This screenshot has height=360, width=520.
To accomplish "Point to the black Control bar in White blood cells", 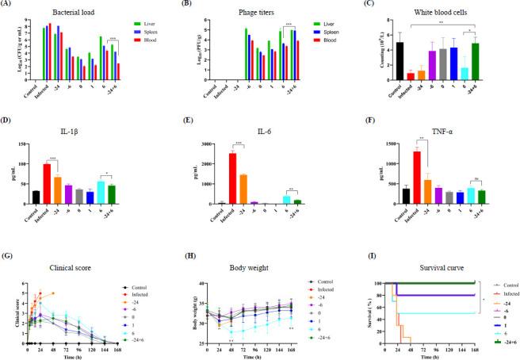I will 400,61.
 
